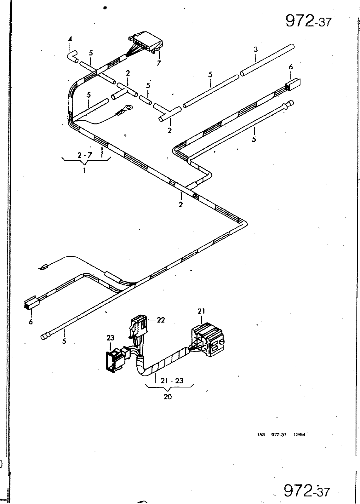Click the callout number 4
(x=70, y=39)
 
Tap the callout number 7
(x=159, y=63)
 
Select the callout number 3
(x=256, y=49)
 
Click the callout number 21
(x=201, y=311)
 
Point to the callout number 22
(x=161, y=320)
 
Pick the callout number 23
(x=110, y=338)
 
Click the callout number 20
(x=168, y=397)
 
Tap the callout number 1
(x=84, y=170)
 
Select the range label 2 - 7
(x=85, y=155)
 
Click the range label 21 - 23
(x=172, y=381)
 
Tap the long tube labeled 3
(x=267, y=60)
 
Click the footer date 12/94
(x=299, y=435)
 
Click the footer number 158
(x=261, y=435)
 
